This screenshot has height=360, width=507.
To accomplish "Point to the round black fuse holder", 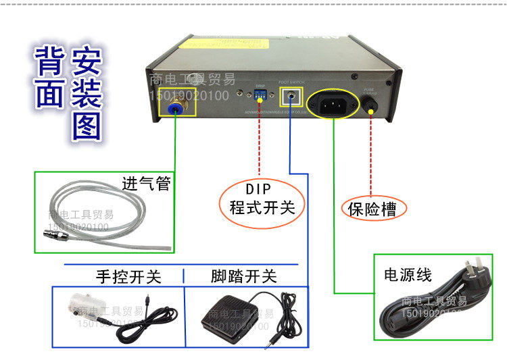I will point(370,105).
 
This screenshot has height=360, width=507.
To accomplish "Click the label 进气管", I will point(146,184).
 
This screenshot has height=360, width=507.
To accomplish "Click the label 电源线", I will point(408,275).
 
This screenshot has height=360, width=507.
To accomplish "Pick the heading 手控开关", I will point(128,276).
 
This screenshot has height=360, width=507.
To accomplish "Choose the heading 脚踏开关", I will point(243,276).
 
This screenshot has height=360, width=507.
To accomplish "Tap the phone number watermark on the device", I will point(191,96).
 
